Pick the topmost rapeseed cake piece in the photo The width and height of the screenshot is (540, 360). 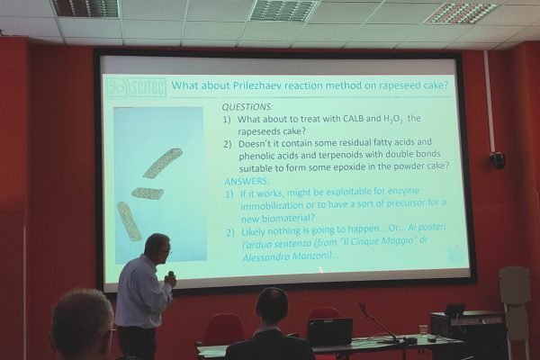pyautogui.click(x=162, y=163)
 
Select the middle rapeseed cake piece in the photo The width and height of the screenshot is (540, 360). pyautogui.click(x=148, y=193)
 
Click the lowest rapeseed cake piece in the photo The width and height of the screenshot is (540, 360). pyautogui.click(x=129, y=220)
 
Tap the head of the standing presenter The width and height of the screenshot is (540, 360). pyautogui.click(x=157, y=247)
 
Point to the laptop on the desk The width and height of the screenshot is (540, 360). pyautogui.click(x=328, y=330)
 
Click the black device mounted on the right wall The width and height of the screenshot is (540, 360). pyautogui.click(x=497, y=159)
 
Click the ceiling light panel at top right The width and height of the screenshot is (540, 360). pyautogui.click(x=460, y=12)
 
